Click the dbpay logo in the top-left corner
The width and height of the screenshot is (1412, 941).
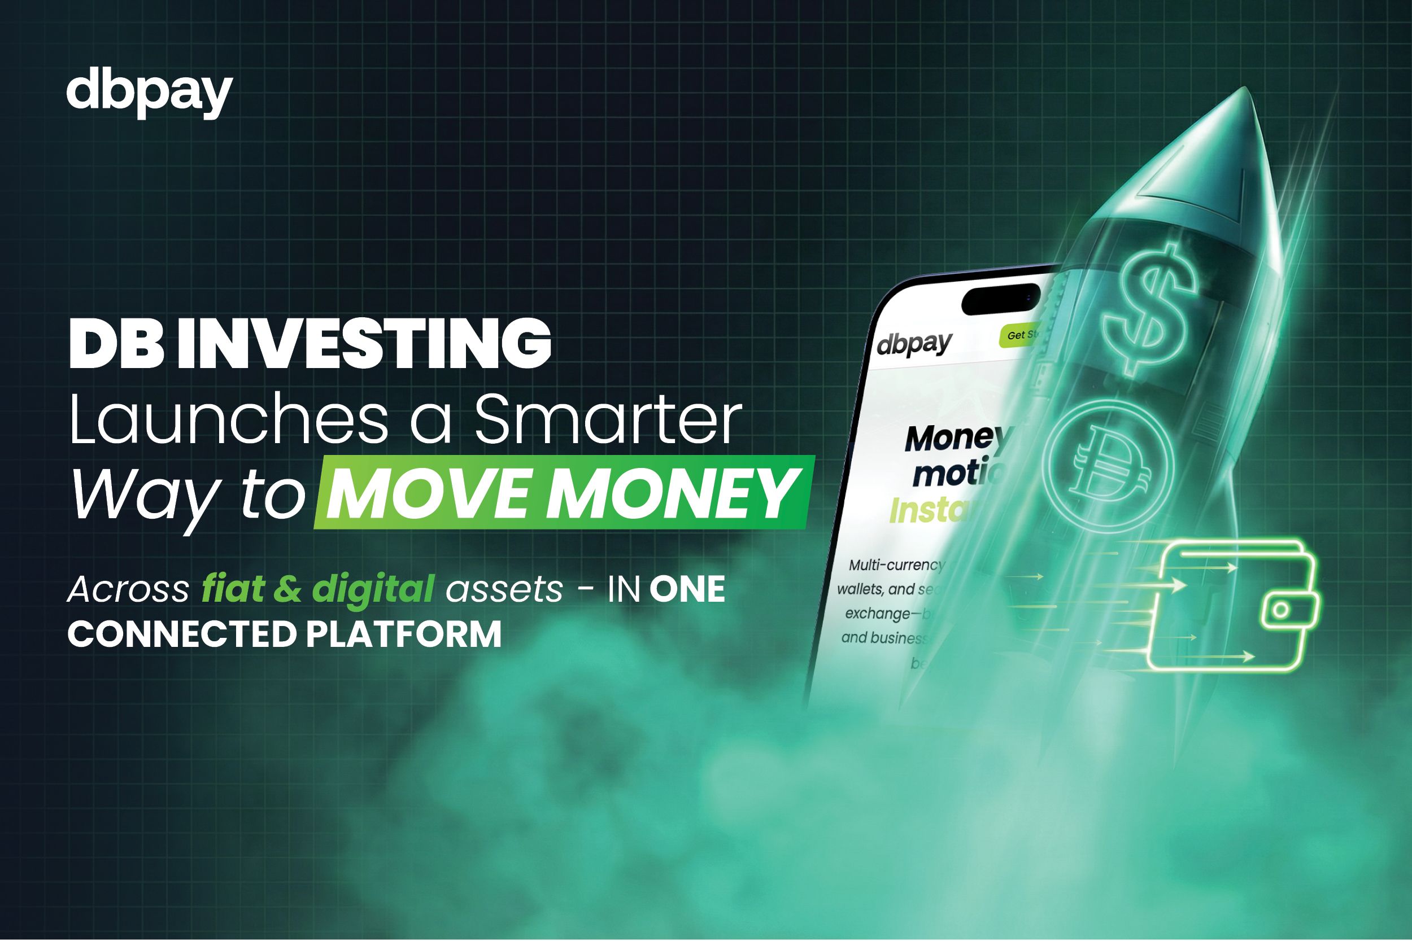click(149, 95)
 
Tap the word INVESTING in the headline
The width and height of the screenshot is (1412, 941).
click(364, 344)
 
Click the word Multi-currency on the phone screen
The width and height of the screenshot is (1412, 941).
click(896, 564)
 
